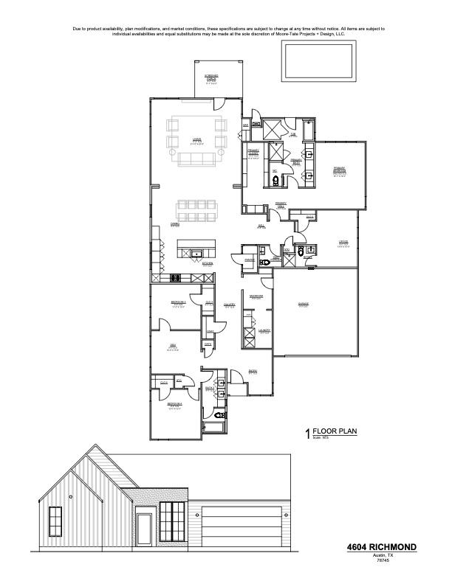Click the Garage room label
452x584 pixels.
(303, 305)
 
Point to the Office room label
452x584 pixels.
(343, 243)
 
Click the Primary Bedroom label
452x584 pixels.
(339, 170)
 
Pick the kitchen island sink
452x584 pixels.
(196, 254)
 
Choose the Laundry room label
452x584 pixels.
(264, 330)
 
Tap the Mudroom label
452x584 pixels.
(256, 296)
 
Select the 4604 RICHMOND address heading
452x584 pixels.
(381, 547)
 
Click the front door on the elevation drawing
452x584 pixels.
(145, 529)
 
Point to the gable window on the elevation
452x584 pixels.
(54, 522)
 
